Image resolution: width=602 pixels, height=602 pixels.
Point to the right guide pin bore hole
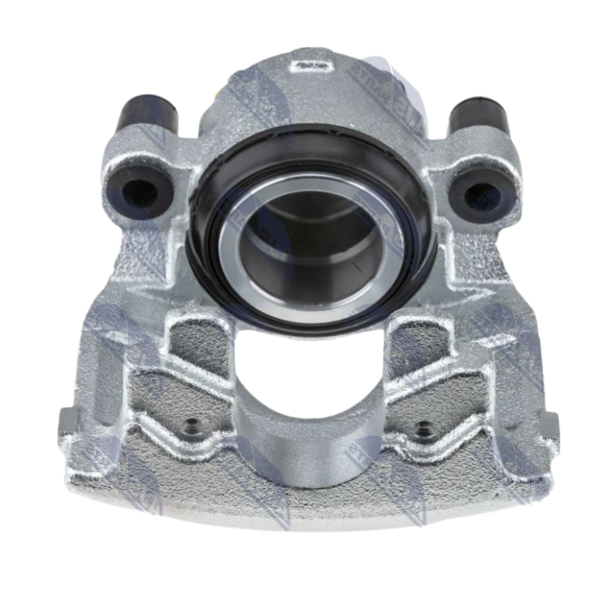pyautogui.click(x=482, y=195)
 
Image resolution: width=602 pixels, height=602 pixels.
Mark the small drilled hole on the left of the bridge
pyautogui.click(x=191, y=429)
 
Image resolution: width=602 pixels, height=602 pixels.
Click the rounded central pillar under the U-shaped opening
pyautogui.click(x=310, y=445)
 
